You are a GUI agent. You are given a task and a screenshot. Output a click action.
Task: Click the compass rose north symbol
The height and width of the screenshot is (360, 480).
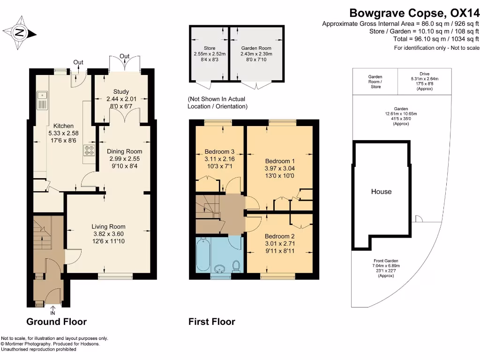coord(19,32)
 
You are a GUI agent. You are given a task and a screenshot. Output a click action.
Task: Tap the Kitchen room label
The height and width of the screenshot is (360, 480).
coord(63,126)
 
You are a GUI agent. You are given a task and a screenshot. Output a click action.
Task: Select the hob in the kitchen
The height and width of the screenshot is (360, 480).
coord(89,150)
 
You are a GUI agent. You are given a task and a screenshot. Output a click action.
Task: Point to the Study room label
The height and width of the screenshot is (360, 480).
coord(121,92)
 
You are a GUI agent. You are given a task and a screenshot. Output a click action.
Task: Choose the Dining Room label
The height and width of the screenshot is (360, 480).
coord(124,151)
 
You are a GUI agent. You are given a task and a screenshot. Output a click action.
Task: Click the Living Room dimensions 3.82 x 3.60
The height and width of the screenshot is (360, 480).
coord(108,234)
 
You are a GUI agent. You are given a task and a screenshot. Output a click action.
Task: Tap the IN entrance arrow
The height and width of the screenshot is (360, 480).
coord(52,310)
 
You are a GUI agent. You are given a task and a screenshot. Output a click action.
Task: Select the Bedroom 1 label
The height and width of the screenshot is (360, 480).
coord(280,160)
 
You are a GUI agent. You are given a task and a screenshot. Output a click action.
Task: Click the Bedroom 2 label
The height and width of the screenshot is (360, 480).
coord(279,236)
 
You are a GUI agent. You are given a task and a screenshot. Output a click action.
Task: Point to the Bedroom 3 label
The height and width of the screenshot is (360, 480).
coord(220,152)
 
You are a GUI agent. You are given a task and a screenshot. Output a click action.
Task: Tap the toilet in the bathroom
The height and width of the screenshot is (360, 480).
coord(237,266)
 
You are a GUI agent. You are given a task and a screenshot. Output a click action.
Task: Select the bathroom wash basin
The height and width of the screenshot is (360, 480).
coord(219,269)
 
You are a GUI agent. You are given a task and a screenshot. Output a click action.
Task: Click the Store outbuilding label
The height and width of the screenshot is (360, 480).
coord(210,48)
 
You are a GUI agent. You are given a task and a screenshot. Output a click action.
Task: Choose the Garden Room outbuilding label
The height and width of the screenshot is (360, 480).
coord(256,48)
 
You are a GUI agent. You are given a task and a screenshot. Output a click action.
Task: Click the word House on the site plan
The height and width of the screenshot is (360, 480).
coord(381,191)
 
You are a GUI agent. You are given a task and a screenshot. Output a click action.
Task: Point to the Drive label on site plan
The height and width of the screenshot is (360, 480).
coord(424,74)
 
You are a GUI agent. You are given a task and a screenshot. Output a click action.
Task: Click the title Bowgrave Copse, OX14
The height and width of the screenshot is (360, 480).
coord(414,14)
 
